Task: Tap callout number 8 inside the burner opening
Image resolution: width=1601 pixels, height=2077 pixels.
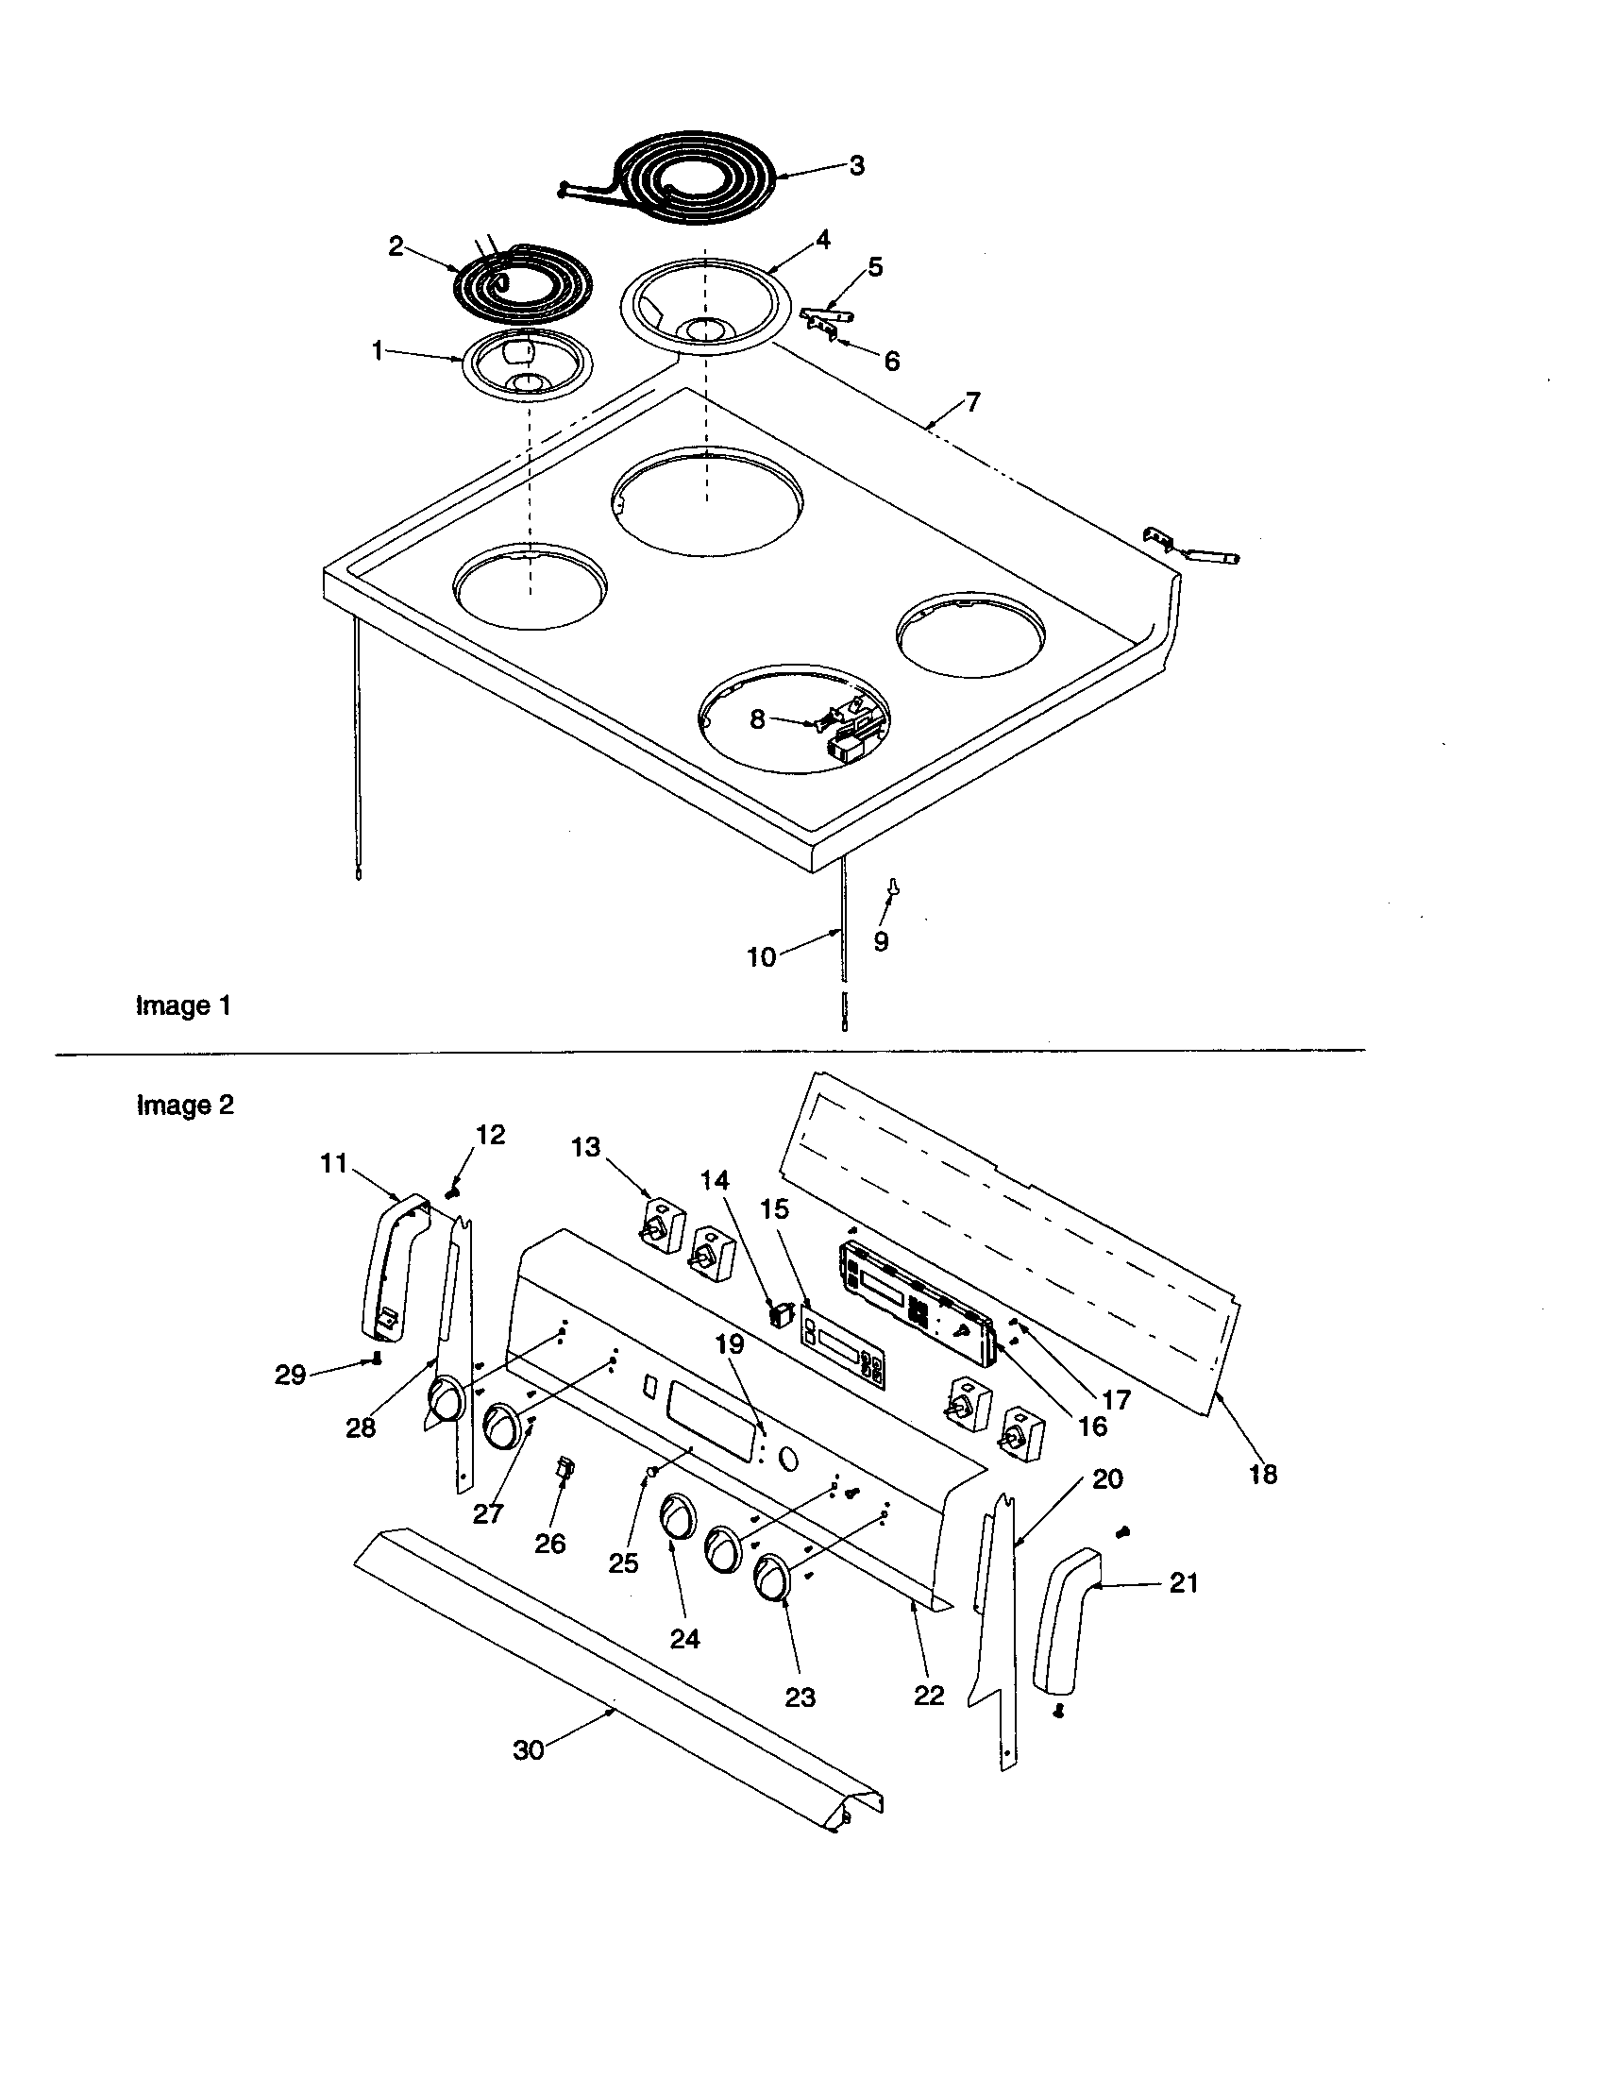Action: tap(757, 719)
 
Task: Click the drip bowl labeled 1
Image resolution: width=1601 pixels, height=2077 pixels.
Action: tap(529, 366)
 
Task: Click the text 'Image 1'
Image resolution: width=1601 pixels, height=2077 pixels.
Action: tap(183, 1005)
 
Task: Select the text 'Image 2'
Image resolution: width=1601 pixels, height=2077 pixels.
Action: tap(185, 1106)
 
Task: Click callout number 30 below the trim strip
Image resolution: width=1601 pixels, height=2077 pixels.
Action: tap(529, 1749)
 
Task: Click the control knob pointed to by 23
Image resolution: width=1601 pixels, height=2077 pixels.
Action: tap(774, 1579)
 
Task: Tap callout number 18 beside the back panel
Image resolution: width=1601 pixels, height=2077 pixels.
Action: tap(1262, 1474)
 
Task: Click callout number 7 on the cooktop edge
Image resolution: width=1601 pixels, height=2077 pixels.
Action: tap(972, 401)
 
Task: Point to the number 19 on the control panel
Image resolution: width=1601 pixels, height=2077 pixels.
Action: tap(730, 1343)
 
